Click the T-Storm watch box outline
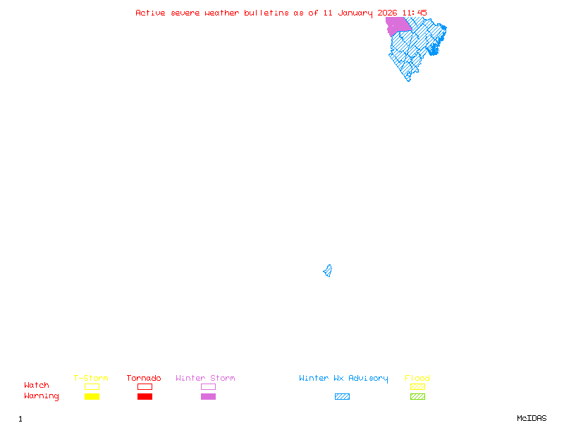[x=92, y=386]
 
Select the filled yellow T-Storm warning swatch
[x=92, y=396]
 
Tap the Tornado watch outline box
[x=145, y=386]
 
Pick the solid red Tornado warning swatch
[x=145, y=396]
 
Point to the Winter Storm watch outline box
[x=208, y=386]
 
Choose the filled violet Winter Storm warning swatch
[x=208, y=396]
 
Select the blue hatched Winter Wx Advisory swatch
[x=342, y=396]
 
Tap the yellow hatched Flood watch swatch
[x=417, y=386]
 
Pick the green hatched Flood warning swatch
[x=417, y=396]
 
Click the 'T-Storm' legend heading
[x=91, y=378]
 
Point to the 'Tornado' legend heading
[x=144, y=378]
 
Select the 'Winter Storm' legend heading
[x=205, y=378]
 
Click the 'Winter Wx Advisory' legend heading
[x=343, y=378]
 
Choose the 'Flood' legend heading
[x=417, y=378]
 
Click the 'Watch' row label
[x=37, y=386]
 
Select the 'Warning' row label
[x=42, y=396]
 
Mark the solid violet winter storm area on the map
[x=398, y=25]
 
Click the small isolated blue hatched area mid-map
[x=328, y=271]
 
